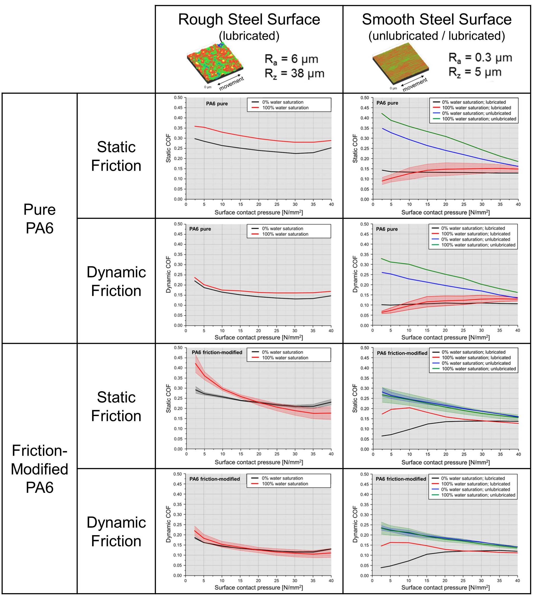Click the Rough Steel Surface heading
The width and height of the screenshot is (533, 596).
click(249, 20)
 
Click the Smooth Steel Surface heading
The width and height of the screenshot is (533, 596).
click(436, 20)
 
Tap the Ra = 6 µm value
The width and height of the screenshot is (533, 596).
click(291, 59)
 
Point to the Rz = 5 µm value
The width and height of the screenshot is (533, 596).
click(475, 72)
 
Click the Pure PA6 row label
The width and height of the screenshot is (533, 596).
click(40, 219)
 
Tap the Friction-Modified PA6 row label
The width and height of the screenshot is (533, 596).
click(40, 469)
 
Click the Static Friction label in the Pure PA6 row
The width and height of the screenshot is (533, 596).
click(116, 156)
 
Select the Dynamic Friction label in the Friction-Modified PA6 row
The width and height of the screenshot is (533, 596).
click(116, 532)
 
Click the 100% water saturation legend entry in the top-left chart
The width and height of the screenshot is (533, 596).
click(285, 108)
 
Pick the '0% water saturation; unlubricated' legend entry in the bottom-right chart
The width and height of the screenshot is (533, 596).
click(475, 489)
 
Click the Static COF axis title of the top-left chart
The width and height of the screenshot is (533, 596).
click(168, 148)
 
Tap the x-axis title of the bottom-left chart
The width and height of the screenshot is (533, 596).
click(258, 587)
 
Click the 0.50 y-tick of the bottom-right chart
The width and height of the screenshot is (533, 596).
click(364, 474)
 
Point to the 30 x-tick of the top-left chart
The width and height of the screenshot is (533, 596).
click(295, 204)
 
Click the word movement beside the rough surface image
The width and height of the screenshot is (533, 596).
click(231, 84)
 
